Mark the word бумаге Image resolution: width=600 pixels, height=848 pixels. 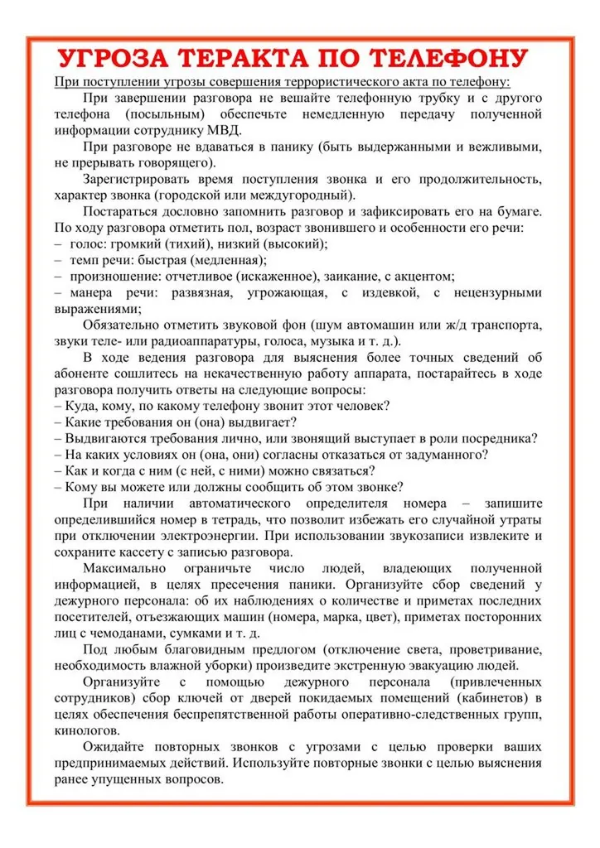(x=515, y=212)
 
